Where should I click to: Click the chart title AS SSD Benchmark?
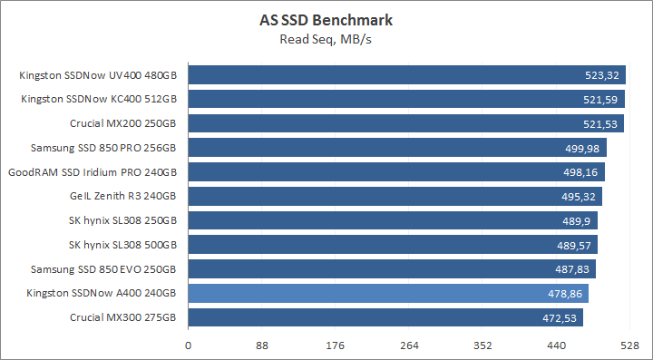click(x=326, y=20)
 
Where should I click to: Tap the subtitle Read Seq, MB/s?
click(x=326, y=38)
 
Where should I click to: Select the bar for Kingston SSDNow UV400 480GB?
click(x=406, y=74)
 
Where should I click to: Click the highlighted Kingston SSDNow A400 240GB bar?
click(x=388, y=293)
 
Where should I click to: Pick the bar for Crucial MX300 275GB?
click(x=385, y=317)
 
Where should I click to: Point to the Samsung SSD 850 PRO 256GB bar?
click(x=397, y=148)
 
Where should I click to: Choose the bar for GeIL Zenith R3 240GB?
click(x=395, y=196)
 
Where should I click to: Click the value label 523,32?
click(x=603, y=75)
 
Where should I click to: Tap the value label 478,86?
click(x=566, y=294)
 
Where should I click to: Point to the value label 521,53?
click(x=601, y=123)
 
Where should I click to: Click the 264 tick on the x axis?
click(x=409, y=345)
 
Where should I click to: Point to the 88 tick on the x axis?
click(x=262, y=345)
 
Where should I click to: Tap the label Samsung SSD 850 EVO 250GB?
click(x=103, y=269)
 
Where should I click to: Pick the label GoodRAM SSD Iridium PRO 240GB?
click(x=92, y=172)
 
